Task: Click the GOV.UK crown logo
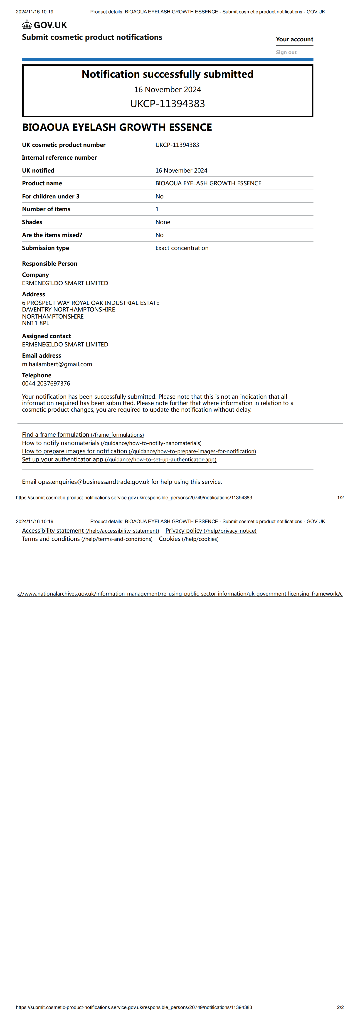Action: click(27, 25)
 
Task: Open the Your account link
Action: click(294, 39)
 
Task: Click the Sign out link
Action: click(286, 52)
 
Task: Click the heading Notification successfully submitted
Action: click(167, 74)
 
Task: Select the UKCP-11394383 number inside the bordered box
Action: click(167, 104)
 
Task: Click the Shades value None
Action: click(163, 222)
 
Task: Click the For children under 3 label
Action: click(51, 196)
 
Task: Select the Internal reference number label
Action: click(59, 157)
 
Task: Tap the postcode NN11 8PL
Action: click(36, 323)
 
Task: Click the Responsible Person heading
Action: click(49, 263)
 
